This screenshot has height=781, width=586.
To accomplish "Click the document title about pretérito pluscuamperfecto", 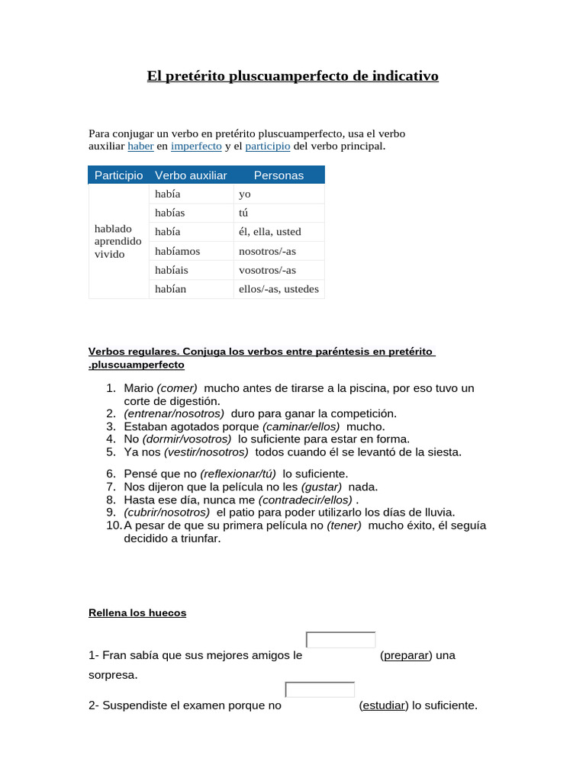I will click(x=292, y=77).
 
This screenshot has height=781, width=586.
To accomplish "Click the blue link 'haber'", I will click(x=140, y=146).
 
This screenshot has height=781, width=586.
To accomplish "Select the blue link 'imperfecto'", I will click(x=196, y=146).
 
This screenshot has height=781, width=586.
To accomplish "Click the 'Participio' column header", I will click(x=118, y=175).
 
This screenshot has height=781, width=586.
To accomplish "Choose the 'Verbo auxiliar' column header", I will click(x=191, y=175).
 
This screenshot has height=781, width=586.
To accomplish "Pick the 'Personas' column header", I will click(x=279, y=175).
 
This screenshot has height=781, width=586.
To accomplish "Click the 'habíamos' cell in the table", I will click(x=178, y=251).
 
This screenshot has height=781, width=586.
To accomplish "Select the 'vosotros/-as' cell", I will click(x=267, y=270).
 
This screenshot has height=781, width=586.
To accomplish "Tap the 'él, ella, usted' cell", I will click(x=270, y=232).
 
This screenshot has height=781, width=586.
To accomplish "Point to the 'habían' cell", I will click(x=170, y=289).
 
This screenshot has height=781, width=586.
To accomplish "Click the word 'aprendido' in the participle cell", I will click(x=118, y=241).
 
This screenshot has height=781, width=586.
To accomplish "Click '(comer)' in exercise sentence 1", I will click(x=177, y=388).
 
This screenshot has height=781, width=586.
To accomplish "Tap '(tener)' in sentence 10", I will click(x=344, y=525).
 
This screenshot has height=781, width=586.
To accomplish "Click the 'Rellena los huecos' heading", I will click(x=137, y=612).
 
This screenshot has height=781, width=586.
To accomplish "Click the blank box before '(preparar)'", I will click(x=340, y=641).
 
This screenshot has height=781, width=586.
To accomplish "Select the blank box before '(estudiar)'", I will click(x=320, y=690).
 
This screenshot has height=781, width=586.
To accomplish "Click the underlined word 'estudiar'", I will click(x=384, y=705).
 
